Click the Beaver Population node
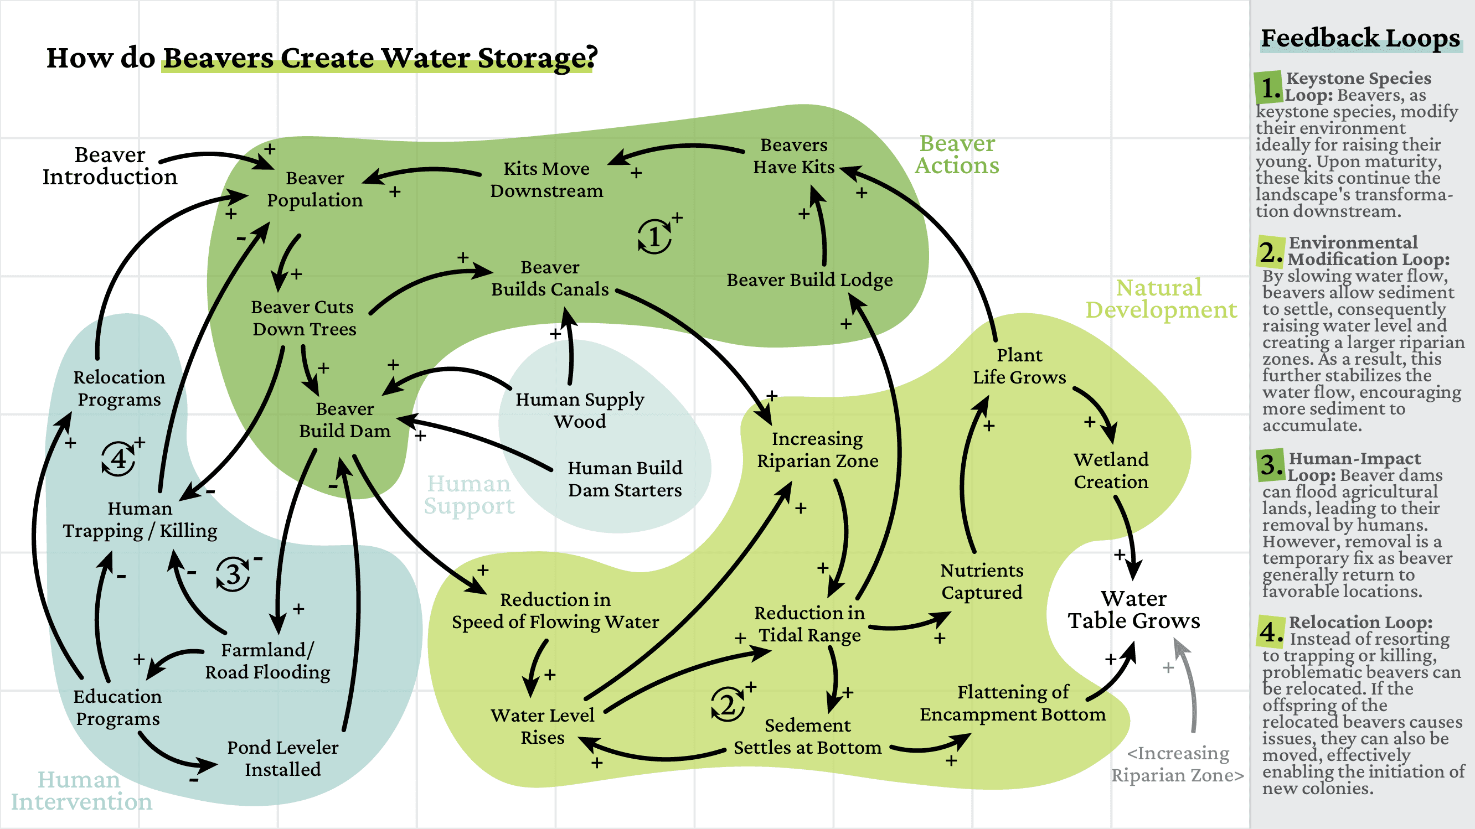314,189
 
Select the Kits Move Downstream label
546,179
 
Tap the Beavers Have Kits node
793,156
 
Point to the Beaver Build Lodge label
809,280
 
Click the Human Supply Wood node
580,410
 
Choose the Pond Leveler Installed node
282,758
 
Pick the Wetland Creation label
1110,470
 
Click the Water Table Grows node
1133,609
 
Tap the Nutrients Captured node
982,581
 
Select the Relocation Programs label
119,388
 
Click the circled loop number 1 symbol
654,236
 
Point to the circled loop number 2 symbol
727,704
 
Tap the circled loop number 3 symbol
233,574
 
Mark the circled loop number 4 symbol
118,458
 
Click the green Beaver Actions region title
956,154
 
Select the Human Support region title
468,495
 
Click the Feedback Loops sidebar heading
1360,38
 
